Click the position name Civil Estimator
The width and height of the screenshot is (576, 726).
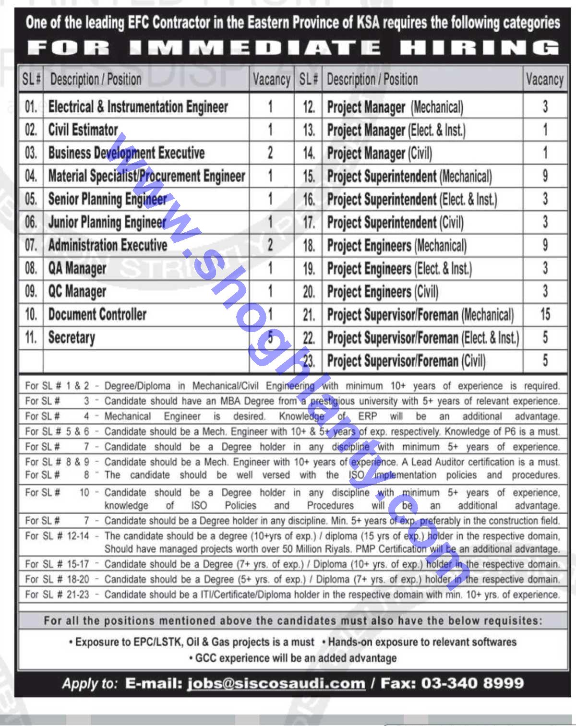[x=83, y=130]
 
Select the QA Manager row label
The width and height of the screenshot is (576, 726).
[x=77, y=268]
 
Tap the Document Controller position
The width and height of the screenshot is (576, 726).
[x=97, y=314]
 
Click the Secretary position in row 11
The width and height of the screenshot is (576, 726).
[x=72, y=337]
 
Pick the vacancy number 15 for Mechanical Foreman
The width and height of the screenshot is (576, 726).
[x=545, y=314]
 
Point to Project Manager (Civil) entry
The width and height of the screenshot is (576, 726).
[x=379, y=154]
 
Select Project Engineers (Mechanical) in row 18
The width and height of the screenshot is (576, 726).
[x=396, y=246]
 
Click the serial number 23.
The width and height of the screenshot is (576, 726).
[x=309, y=361]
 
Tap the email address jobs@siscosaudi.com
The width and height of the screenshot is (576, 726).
[x=276, y=683]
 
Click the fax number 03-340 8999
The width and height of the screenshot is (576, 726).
[x=472, y=683]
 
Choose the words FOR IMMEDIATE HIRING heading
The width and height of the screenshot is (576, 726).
[x=293, y=48]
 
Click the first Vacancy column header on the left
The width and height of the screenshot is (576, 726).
[x=271, y=80]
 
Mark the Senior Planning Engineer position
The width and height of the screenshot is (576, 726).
[x=108, y=199]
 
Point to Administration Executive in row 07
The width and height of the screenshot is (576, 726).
[x=108, y=245]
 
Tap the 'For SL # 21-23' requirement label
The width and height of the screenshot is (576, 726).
[x=57, y=595]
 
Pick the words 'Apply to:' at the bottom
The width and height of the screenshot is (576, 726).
[x=90, y=683]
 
